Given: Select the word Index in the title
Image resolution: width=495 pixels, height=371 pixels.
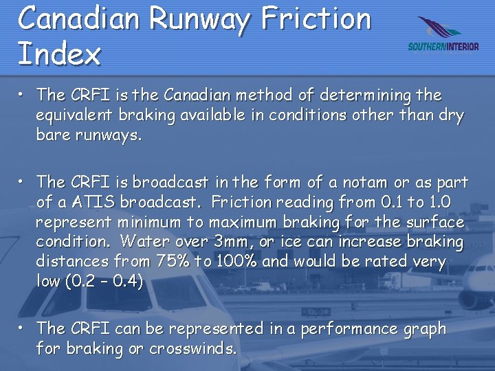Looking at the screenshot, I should click(x=59, y=54).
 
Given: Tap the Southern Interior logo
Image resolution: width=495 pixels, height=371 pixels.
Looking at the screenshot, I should click(x=443, y=35).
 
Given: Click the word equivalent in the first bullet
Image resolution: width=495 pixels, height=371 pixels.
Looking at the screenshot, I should click(x=71, y=115).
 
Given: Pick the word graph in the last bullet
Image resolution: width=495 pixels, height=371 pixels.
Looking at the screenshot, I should click(x=425, y=330).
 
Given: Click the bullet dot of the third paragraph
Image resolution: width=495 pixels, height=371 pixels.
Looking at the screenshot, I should click(x=23, y=324).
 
